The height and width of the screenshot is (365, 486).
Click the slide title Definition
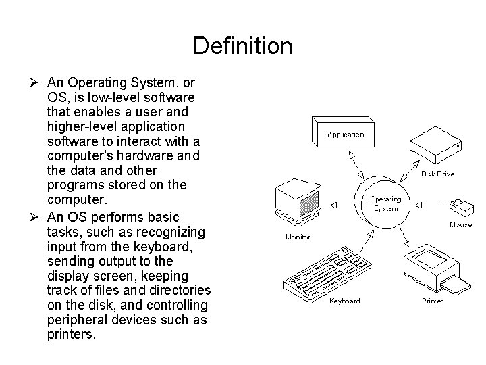[242, 47]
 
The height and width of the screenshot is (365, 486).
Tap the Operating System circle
[384, 202]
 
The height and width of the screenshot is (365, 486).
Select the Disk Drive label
[437, 174]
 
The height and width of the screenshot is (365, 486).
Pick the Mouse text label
[460, 224]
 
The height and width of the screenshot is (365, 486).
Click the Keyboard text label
[344, 301]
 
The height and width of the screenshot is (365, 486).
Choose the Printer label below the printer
[432, 301]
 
